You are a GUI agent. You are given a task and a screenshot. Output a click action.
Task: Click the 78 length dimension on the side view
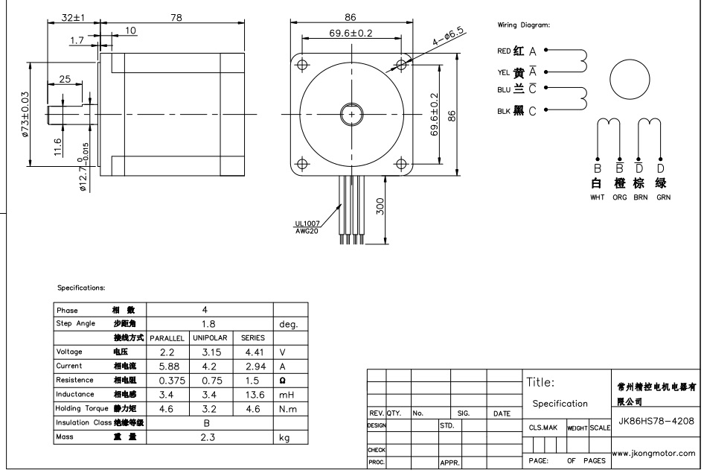point(176,18)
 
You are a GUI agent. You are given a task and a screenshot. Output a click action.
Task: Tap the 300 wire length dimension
point(380,206)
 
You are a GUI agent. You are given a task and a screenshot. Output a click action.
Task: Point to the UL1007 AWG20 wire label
point(307,227)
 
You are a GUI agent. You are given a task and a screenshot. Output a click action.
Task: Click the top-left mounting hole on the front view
point(303,65)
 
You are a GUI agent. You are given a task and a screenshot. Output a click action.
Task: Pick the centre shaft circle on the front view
point(351,115)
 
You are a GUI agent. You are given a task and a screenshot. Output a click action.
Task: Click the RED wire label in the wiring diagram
point(504,51)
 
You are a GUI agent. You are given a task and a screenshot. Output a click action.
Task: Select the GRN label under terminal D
point(663,197)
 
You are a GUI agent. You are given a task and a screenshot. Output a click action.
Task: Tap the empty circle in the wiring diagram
point(630,80)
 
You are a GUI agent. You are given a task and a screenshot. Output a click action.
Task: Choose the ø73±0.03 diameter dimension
point(25,114)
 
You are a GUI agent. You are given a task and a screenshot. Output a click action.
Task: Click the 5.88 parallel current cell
point(169,366)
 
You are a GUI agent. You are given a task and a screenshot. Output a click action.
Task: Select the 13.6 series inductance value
point(255,395)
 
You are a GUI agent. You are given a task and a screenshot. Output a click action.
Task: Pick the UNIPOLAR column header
point(210,337)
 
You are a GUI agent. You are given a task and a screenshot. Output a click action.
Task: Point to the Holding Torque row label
point(82,408)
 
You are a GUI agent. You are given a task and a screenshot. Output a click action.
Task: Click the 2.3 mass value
point(208,437)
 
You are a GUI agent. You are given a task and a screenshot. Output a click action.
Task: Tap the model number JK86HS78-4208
point(656,422)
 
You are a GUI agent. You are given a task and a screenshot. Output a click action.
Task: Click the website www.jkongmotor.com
point(653,454)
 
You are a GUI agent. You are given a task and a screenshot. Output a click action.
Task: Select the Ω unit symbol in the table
point(282,381)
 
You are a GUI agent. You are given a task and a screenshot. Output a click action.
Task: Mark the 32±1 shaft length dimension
point(73,18)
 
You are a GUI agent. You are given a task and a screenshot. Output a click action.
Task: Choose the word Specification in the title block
point(560,404)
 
